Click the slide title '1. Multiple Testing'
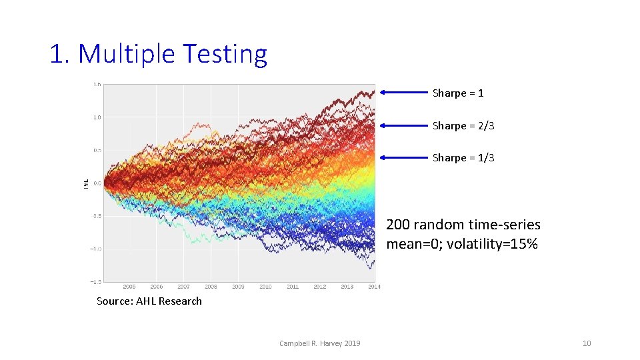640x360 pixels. click(x=158, y=54)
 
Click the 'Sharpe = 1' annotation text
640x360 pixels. click(x=457, y=93)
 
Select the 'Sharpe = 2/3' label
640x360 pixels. click(x=463, y=126)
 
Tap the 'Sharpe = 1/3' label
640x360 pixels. click(x=463, y=158)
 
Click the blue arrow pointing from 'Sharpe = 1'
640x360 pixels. click(x=403, y=93)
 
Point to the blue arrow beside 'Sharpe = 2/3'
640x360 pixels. click(x=403, y=125)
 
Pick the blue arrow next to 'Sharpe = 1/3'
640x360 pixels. click(x=403, y=158)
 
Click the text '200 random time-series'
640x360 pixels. click(x=463, y=225)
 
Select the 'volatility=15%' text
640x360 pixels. click(x=491, y=244)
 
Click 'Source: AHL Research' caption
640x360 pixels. click(x=149, y=301)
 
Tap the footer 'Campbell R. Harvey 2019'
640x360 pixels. click(x=319, y=343)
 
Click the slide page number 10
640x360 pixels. click(x=587, y=343)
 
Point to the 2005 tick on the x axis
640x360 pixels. click(x=129, y=287)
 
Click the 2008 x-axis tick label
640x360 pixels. click(x=211, y=287)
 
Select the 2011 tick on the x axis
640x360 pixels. click(x=293, y=287)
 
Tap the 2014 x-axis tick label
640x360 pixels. click(x=374, y=287)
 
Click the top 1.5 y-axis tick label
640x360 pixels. click(x=97, y=85)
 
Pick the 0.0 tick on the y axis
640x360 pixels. click(x=97, y=183)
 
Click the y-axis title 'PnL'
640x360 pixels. click(x=86, y=183)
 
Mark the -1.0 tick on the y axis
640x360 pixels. click(x=97, y=249)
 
